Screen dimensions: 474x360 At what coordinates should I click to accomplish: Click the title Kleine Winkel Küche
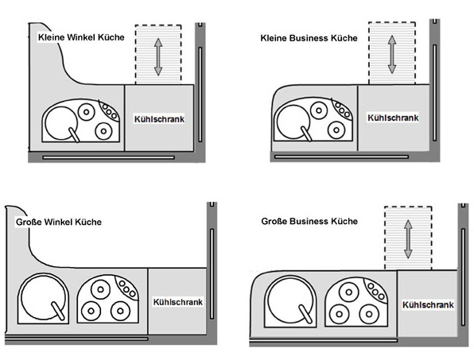click(81, 37)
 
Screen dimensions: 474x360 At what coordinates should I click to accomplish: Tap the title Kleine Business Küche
click(309, 38)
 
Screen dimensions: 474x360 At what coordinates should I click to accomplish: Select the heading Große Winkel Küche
click(59, 223)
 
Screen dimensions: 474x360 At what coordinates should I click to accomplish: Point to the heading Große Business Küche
click(309, 222)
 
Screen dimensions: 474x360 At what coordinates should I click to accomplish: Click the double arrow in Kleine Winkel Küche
click(158, 56)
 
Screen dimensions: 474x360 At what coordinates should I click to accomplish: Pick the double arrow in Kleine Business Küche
click(392, 54)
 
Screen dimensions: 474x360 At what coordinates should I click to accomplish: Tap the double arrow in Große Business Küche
click(408, 239)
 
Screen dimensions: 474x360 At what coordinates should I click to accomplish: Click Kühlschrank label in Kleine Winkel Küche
click(159, 119)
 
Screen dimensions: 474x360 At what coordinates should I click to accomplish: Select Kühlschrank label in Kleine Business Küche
click(393, 118)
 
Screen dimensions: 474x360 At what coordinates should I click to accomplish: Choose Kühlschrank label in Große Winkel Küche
click(178, 302)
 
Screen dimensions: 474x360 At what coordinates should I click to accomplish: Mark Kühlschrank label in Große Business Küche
click(428, 304)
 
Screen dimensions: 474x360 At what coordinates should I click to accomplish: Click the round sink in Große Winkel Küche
click(43, 297)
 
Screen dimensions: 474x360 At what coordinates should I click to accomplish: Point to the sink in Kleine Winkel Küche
click(60, 123)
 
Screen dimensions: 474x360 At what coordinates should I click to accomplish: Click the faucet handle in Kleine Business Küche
click(306, 134)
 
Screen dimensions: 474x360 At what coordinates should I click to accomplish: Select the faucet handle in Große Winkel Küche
click(58, 311)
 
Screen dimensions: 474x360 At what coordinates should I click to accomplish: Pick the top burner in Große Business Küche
click(349, 292)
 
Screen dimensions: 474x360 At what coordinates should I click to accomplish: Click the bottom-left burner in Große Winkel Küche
click(91, 311)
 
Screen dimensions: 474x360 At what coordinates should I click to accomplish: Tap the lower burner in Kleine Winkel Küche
click(103, 131)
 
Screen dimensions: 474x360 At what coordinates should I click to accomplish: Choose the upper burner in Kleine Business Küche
click(319, 110)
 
